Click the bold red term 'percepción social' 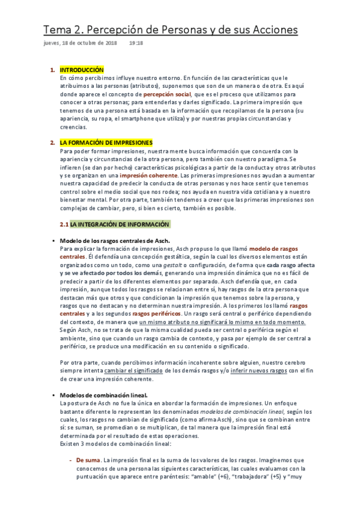[167, 94]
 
